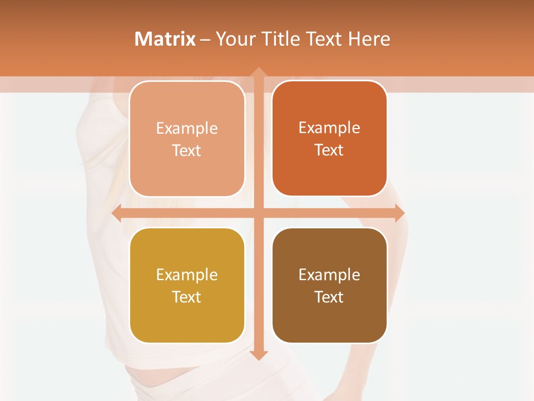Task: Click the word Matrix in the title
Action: (165, 39)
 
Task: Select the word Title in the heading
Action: (278, 39)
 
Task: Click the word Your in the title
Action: (234, 39)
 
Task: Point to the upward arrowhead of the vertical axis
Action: (258, 73)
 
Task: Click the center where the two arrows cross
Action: (258, 213)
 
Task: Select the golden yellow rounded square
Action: (187, 317)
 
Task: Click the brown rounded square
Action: (329, 317)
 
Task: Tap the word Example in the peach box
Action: (187, 129)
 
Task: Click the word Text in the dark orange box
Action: (329, 150)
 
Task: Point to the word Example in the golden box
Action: (187, 275)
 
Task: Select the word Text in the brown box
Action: (329, 297)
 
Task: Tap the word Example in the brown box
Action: (329, 275)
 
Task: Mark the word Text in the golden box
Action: (187, 297)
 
